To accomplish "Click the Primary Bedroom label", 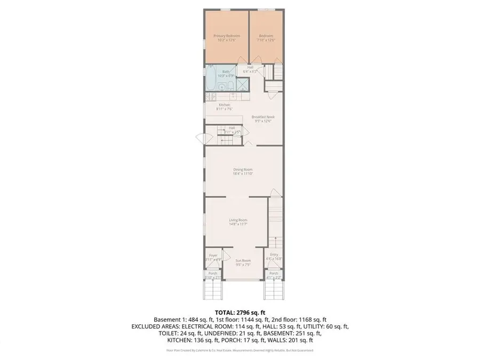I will [x=227, y=38].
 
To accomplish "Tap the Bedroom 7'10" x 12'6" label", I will [x=263, y=38].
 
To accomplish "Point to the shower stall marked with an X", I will [x=242, y=84].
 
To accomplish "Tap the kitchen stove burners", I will [x=212, y=97].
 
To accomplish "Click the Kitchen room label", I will [x=225, y=107].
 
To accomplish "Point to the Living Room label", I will [x=238, y=221].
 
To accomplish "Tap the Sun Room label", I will [x=243, y=262].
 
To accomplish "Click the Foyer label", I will [x=213, y=257].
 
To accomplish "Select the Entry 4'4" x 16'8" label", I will [x=274, y=257].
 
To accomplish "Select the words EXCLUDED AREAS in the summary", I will [x=155, y=326].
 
